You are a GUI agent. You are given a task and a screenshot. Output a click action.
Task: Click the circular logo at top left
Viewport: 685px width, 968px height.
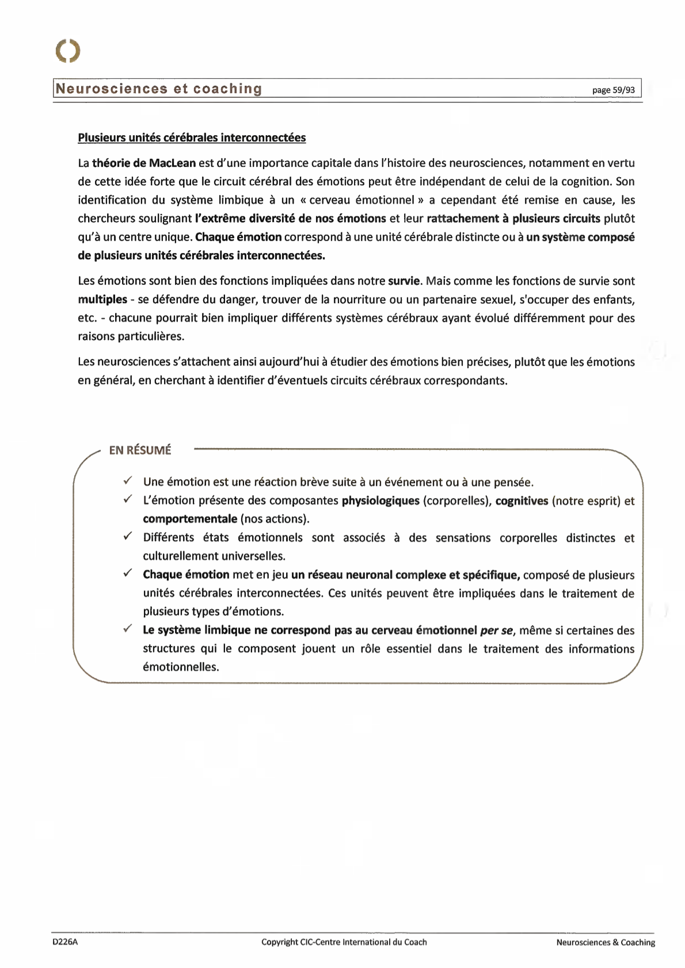[68, 51]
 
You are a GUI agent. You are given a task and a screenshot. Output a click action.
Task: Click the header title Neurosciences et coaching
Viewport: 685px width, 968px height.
[159, 89]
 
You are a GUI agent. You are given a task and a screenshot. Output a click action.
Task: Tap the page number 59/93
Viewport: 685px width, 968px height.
[614, 90]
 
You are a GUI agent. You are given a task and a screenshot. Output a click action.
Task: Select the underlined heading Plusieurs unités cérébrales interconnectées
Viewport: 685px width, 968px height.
[192, 137]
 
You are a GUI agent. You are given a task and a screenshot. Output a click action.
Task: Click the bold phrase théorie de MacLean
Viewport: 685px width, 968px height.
[144, 163]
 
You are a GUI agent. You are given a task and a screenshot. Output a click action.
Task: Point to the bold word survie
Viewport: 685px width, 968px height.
[405, 281]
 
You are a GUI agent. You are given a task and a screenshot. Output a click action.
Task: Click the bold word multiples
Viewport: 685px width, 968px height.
[102, 299]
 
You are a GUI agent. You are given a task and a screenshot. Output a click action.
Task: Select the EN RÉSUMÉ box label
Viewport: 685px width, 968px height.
[140, 450]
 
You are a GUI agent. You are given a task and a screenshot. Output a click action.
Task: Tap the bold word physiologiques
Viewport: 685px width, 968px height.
[380, 500]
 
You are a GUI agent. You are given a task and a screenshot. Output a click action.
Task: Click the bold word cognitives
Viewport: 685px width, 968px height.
[522, 500]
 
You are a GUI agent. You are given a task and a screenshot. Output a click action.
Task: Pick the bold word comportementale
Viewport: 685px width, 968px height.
[190, 519]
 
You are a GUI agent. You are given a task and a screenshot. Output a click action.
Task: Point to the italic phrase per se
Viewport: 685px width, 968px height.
[496, 630]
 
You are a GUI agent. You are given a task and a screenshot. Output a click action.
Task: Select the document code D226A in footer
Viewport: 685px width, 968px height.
[64, 942]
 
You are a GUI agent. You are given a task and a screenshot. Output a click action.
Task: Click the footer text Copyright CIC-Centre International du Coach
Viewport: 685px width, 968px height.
[344, 942]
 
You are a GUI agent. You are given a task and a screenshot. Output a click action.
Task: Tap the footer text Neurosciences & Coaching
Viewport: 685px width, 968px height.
[606, 942]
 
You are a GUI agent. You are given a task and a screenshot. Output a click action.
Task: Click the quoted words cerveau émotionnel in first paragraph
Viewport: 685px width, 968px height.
[361, 200]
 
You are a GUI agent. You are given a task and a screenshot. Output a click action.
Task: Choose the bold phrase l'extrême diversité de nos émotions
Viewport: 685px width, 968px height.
[291, 219]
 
